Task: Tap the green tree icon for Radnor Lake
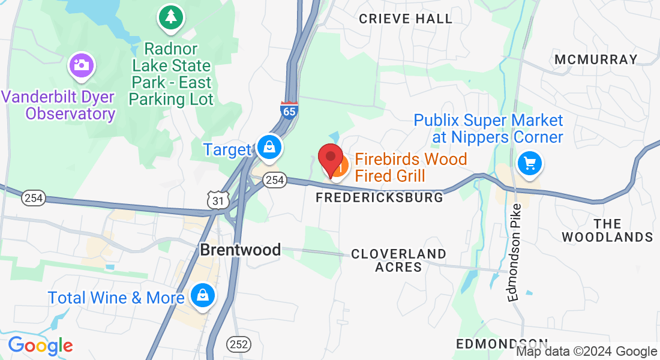point(171,16)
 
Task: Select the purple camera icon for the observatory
point(80,65)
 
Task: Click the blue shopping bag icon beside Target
point(269,146)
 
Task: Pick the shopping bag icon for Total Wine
point(203,295)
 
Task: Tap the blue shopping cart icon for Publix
point(529,163)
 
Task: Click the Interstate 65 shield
point(289,110)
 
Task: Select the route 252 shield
point(239,344)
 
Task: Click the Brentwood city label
point(240,250)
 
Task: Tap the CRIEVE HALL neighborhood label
point(406,19)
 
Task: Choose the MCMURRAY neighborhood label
point(596,59)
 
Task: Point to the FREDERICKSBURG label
point(380,197)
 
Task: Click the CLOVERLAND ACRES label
point(399,260)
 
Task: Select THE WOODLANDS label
point(608,230)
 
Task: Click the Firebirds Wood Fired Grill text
point(410,167)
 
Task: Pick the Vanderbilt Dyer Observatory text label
point(58,105)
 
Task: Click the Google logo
point(40,346)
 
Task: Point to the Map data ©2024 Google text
point(587,352)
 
